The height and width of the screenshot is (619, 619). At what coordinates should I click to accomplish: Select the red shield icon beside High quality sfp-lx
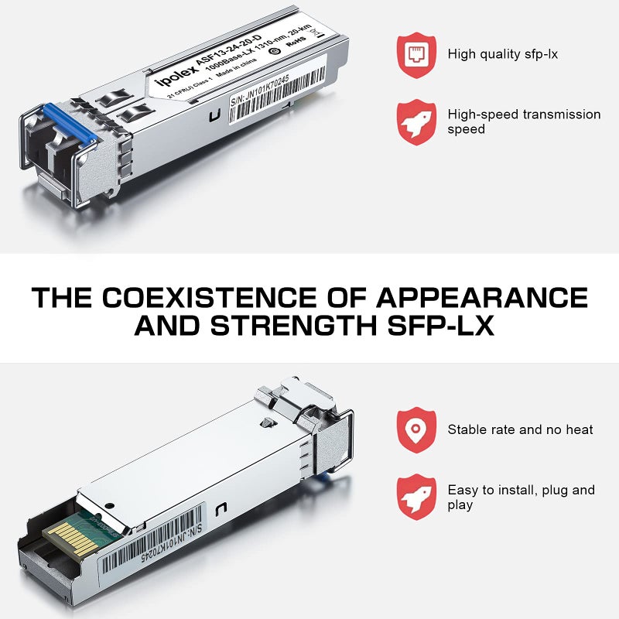point(416,52)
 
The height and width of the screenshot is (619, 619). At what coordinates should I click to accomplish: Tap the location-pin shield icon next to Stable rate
point(416,429)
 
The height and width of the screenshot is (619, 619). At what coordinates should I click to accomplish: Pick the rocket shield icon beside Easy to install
point(416,497)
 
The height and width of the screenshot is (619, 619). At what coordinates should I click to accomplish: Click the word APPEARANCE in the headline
point(482,297)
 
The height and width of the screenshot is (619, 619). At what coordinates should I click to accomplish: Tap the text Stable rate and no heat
point(520,429)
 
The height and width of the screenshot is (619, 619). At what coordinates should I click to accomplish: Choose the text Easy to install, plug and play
point(520,498)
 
